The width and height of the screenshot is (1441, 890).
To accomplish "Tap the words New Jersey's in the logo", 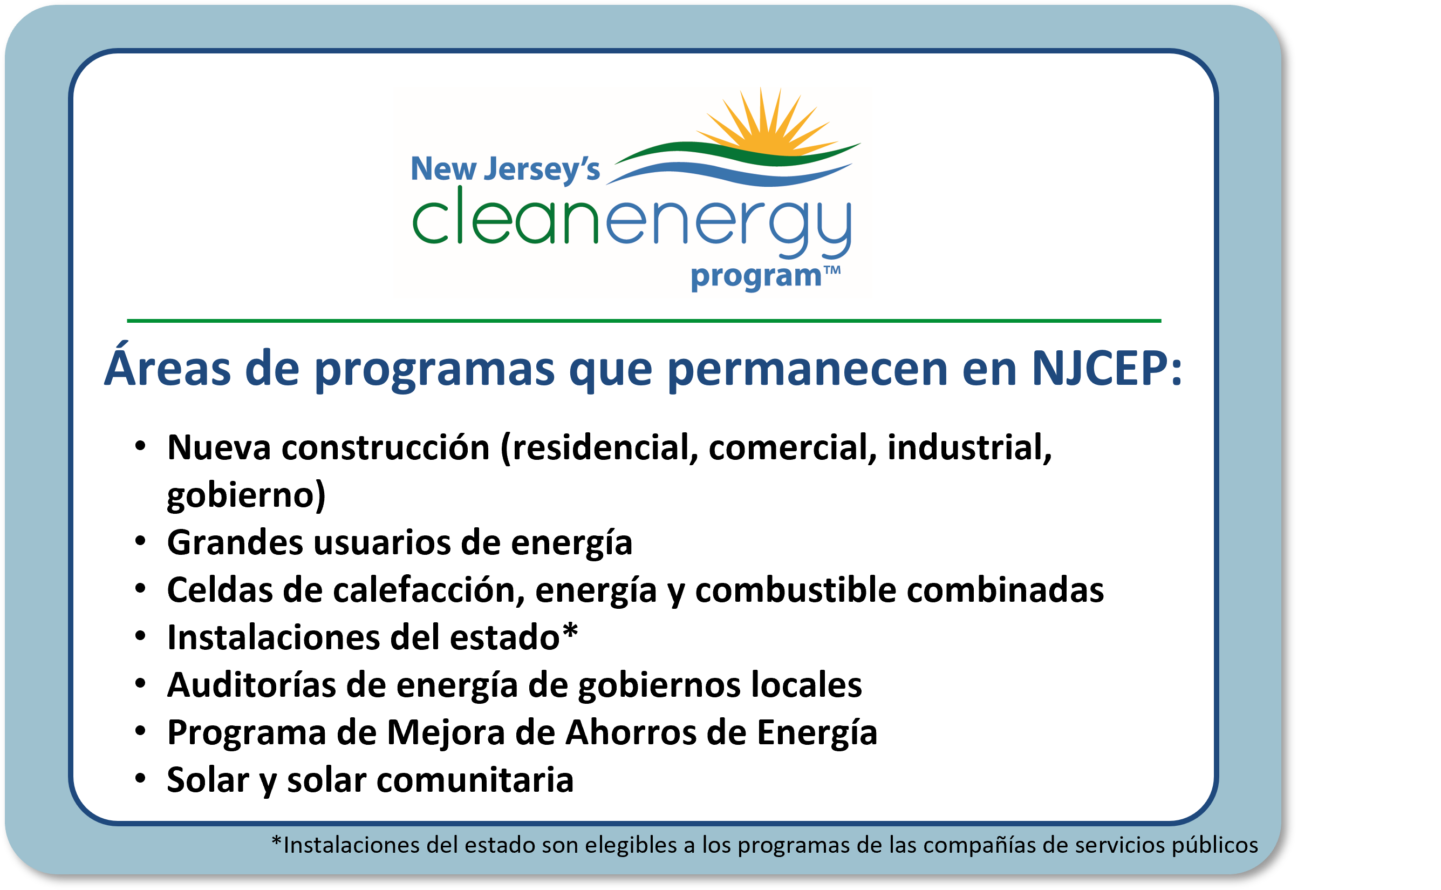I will pyautogui.click(x=505, y=169).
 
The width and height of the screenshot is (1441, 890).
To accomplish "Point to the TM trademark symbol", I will pyautogui.click(x=832, y=271).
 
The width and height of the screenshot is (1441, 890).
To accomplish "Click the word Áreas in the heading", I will pyautogui.click(x=168, y=369).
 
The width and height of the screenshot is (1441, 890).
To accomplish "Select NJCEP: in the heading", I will pyautogui.click(x=1106, y=369).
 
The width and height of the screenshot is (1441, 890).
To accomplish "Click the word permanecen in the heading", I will pyautogui.click(x=807, y=370).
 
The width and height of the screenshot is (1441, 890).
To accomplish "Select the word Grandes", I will pyautogui.click(x=235, y=542).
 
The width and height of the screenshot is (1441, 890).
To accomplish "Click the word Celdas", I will pyautogui.click(x=220, y=590).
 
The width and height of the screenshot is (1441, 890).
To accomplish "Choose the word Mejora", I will pyautogui.click(x=446, y=733).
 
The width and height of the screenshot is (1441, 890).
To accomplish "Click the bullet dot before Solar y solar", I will pyautogui.click(x=140, y=779).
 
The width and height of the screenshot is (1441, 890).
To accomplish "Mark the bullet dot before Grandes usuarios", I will pyautogui.click(x=140, y=540).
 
